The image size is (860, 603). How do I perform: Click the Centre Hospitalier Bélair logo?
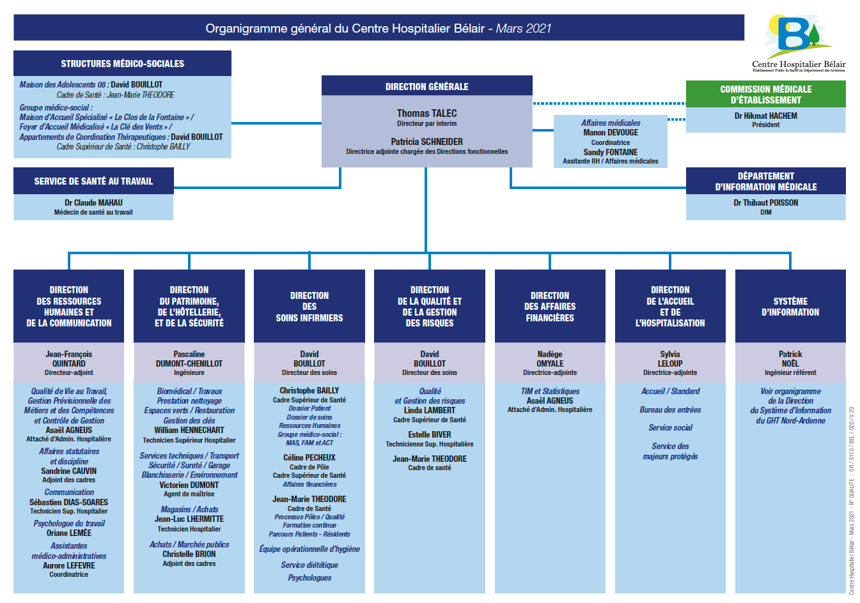coord(798,42)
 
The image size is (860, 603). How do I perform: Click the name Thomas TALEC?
coord(426,113)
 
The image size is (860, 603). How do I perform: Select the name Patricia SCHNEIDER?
coord(426,142)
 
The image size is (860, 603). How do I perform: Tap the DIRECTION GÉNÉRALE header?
coord(426,86)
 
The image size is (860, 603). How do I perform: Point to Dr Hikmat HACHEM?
coord(765,116)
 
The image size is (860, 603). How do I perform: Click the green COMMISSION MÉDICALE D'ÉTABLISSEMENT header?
coord(765,95)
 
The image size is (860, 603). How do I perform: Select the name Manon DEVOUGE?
coord(610,133)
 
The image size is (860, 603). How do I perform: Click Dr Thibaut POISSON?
coord(765,202)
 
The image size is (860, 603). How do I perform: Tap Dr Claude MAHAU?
coord(93,202)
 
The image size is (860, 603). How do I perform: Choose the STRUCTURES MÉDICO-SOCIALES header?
coord(122,64)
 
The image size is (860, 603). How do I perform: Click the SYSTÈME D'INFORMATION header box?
coord(790,307)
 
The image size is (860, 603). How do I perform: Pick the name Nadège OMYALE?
coord(550,359)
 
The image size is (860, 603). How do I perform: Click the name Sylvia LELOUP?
coord(670,359)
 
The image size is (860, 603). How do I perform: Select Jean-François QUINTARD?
coord(68,359)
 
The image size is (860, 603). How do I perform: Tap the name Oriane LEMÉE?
coord(68,533)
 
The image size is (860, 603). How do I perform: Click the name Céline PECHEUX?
coord(309,457)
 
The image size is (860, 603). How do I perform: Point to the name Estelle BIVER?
coord(430,434)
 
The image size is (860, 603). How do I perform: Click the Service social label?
coord(670,428)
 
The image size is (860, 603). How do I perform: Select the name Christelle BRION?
coord(189,554)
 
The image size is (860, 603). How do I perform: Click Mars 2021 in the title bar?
coord(524,28)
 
